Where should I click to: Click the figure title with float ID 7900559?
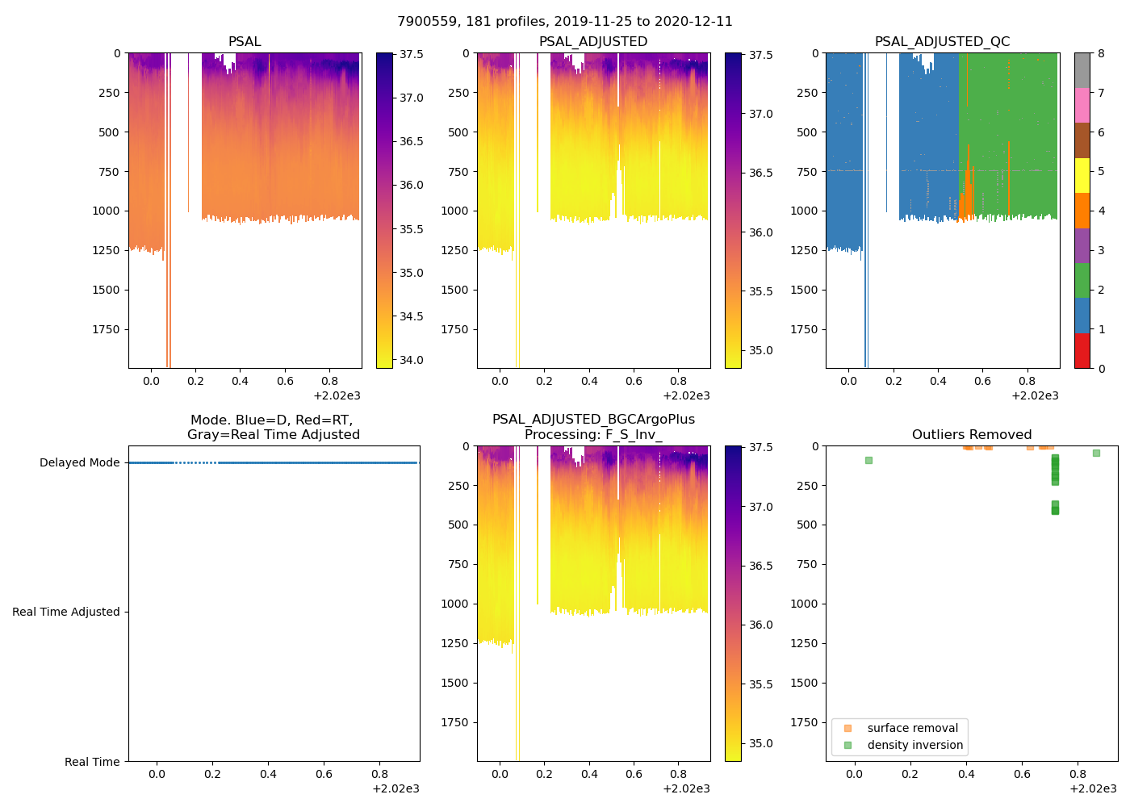(565, 22)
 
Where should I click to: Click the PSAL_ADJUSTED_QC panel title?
(942, 42)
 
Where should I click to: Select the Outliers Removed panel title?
(972, 435)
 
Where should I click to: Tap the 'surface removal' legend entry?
(912, 728)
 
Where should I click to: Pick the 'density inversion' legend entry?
(914, 745)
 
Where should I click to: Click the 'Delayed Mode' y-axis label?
(79, 462)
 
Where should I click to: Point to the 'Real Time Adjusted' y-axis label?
(65, 612)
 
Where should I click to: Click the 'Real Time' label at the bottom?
(92, 762)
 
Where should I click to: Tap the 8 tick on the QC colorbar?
(1101, 53)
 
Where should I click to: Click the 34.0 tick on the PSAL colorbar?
(412, 360)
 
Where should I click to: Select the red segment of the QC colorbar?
(1082, 351)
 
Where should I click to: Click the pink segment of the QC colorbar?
(1082, 106)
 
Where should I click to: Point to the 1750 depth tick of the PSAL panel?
(106, 329)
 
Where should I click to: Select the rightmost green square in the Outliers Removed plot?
(1096, 453)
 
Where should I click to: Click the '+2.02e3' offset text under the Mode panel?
(395, 788)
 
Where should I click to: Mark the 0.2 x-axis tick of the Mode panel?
(212, 774)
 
